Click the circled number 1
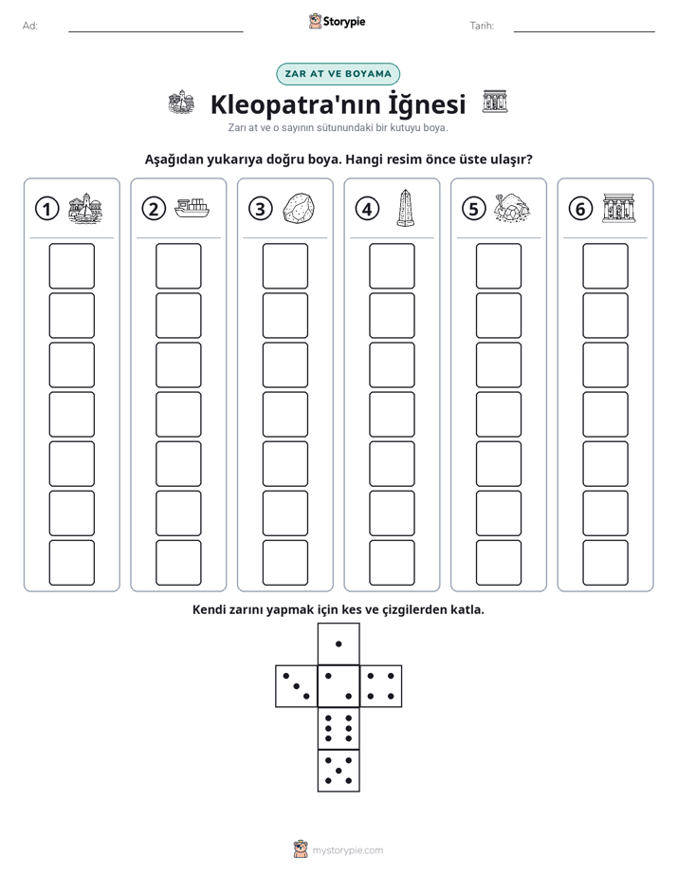point(46,209)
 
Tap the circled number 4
point(367,209)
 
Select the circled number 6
point(580,209)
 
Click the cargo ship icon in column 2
point(192,208)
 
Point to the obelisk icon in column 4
point(406,208)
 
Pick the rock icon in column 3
point(299,209)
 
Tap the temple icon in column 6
point(619,208)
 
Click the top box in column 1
point(71,266)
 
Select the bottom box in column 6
point(605,563)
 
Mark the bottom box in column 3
point(284,563)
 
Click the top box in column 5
point(498,266)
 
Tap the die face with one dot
point(338,644)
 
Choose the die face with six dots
point(338,728)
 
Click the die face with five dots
point(338,770)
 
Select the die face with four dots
point(381,685)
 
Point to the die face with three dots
point(297,685)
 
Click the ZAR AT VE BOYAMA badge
point(338,74)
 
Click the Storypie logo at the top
point(337,21)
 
